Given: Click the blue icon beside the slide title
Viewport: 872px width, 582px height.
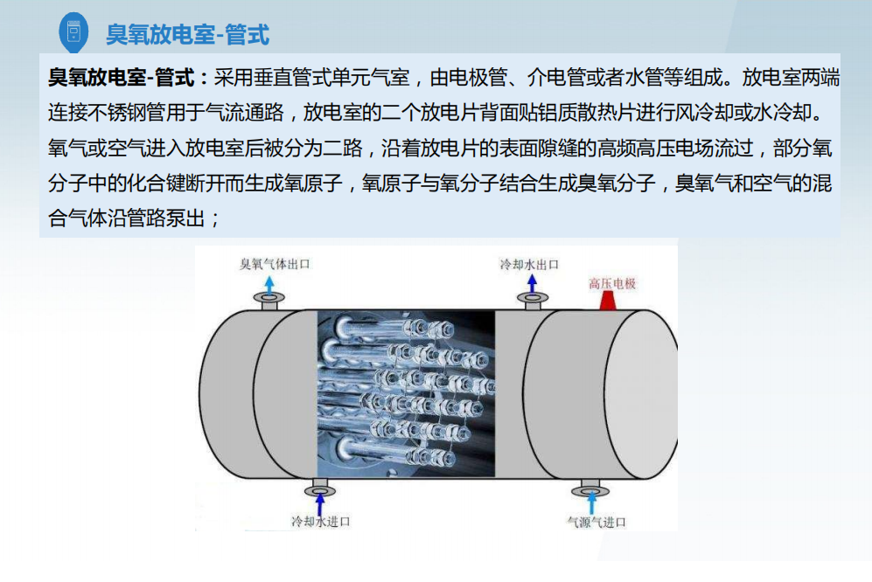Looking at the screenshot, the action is [x=73, y=32].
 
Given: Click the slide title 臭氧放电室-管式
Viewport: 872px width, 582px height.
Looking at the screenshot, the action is [x=188, y=34].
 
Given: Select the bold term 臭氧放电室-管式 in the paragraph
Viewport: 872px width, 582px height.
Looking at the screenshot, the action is [x=122, y=77].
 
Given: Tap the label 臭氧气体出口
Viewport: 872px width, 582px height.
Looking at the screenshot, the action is [x=274, y=264].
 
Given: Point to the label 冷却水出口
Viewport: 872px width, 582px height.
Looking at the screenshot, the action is [x=529, y=264].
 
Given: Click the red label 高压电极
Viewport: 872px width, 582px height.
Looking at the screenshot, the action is [x=612, y=283].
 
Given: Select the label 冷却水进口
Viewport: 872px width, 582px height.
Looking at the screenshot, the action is [x=321, y=522].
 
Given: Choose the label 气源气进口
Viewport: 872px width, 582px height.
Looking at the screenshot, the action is [x=596, y=522].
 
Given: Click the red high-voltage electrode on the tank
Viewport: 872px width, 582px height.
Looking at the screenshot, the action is [x=607, y=301].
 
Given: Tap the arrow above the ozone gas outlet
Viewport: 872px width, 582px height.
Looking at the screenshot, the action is [x=269, y=285].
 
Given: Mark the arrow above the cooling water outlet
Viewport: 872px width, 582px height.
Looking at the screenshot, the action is [x=533, y=284].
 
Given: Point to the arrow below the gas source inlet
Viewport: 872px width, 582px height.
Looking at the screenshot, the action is [x=591, y=503].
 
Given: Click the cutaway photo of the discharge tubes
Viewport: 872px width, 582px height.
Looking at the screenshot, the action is [x=406, y=393].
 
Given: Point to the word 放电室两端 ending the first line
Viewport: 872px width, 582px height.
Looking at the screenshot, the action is [x=791, y=77].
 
